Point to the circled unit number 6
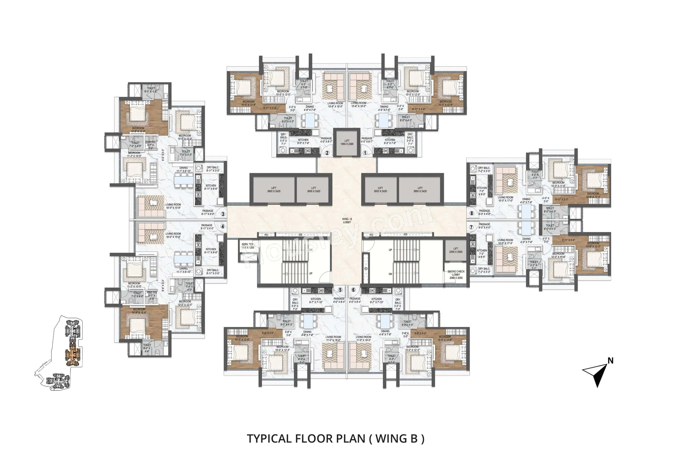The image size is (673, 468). click(x=353, y=290)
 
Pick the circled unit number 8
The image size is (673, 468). click(x=471, y=213)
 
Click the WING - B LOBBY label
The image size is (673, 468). click(x=347, y=220)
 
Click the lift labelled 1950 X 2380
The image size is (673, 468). click(x=347, y=143)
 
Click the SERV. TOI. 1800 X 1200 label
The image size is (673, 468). click(x=247, y=246)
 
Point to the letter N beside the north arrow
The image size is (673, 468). click(x=610, y=361)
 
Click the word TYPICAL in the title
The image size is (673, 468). click(x=269, y=439)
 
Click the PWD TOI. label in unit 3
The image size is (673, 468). click(x=151, y=143)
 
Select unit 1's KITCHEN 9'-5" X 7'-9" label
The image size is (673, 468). click(x=390, y=141)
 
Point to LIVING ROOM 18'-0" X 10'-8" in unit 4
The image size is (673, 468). click(x=173, y=235)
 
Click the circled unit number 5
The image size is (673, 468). click(x=340, y=290)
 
